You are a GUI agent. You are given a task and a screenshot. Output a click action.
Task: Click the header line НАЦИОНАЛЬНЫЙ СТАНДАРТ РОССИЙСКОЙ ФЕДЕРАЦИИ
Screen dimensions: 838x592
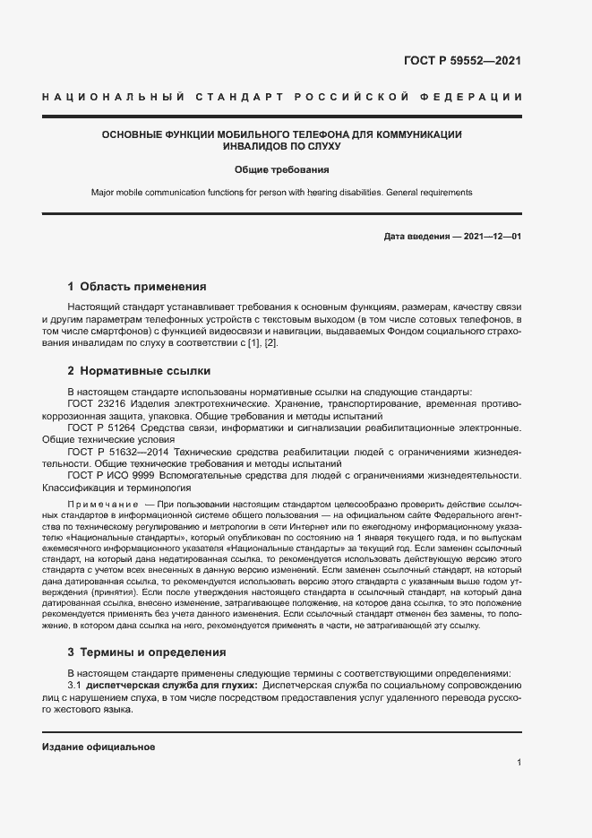(282, 97)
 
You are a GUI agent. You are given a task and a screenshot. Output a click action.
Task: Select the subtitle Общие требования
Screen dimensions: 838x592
(282, 168)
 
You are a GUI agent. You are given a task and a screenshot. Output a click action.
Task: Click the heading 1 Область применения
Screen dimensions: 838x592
(137, 288)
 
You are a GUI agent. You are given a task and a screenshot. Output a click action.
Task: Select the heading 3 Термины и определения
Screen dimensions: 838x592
(147, 652)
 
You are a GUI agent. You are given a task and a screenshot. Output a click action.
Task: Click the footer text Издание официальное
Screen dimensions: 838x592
(99, 747)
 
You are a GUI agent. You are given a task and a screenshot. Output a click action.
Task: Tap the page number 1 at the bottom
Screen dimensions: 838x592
(519, 763)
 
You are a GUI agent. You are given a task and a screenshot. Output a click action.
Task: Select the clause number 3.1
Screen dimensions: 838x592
(74, 685)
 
